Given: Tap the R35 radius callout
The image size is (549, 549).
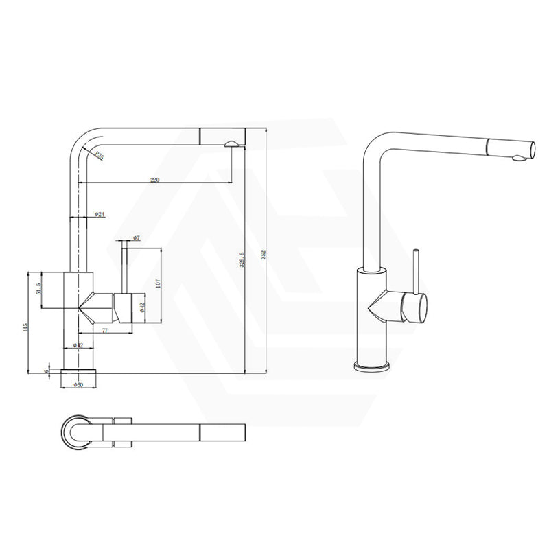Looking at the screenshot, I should [x=100, y=156].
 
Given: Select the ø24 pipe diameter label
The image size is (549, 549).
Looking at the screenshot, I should [x=100, y=215].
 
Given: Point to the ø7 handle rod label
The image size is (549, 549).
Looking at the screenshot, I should [x=137, y=237].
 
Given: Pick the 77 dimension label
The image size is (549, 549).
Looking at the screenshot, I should [x=105, y=330].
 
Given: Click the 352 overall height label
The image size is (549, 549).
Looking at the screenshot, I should [x=263, y=254].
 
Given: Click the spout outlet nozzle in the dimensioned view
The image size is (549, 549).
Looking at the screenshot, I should [x=232, y=143].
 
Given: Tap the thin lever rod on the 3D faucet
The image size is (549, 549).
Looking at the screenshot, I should [x=416, y=271].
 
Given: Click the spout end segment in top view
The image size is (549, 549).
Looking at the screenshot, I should [x=221, y=433].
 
